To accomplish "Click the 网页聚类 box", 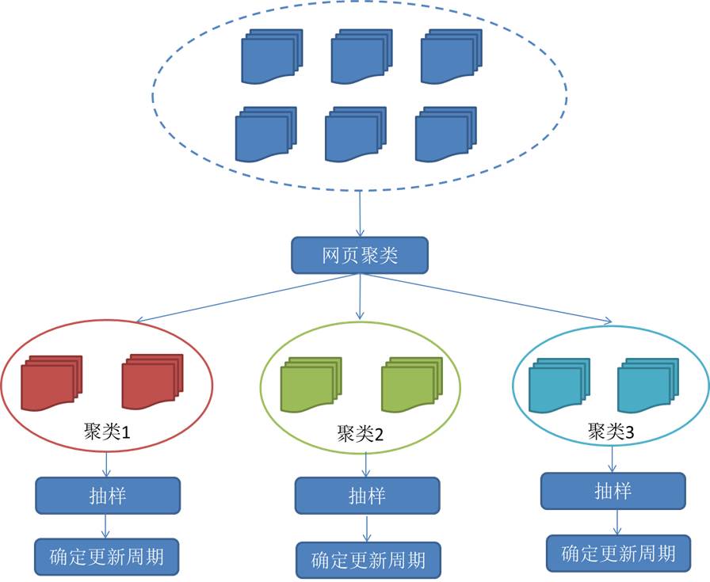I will pos(360,256).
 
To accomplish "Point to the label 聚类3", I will pos(611,432).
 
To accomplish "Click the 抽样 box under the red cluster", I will pos(107,495).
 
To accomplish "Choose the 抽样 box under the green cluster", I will pos(367,496).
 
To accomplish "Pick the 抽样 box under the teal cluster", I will pos(613,491).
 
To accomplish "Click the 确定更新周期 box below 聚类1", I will pos(107,556).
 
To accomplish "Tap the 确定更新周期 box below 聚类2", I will pos(368,560).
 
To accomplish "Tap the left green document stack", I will pos(311,385).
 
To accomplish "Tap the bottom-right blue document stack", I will pos(446,135).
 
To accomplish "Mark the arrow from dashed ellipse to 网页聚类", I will pos(361,213).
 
